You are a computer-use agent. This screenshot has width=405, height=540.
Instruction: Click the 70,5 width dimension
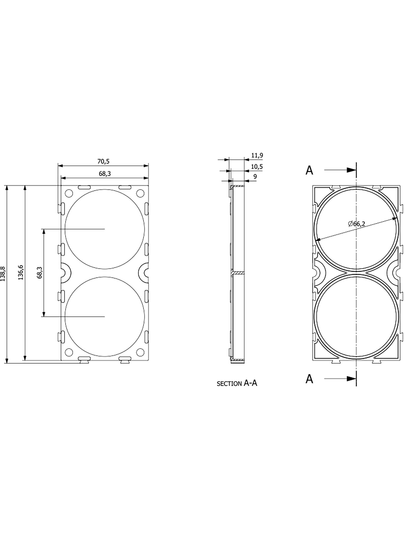tap(103, 161)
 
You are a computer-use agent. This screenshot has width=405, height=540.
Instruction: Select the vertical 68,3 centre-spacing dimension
tap(39, 273)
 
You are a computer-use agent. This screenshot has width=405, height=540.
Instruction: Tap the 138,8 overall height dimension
tap(3, 274)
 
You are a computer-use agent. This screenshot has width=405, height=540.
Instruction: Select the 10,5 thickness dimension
tap(257, 167)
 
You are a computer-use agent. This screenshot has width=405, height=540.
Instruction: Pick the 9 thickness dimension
tap(255, 176)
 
